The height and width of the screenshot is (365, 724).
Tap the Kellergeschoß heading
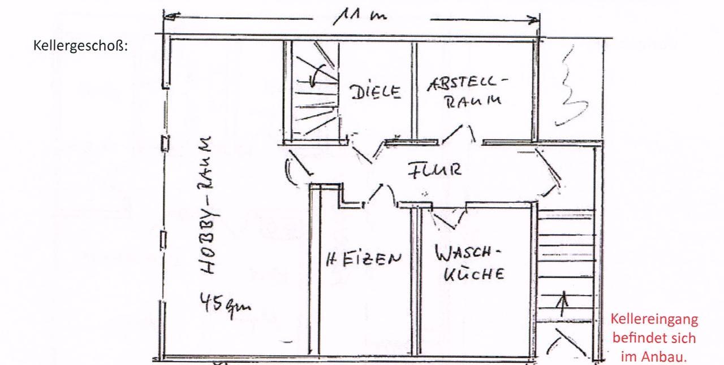tap(80, 46)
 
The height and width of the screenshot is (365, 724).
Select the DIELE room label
tap(375, 92)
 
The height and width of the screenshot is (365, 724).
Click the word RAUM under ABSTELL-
tap(473, 102)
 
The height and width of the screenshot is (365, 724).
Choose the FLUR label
tap(434, 170)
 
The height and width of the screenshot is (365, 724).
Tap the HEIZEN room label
tap(364, 259)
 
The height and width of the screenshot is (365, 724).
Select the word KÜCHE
tap(474, 273)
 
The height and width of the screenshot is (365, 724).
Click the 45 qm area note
tap(225, 305)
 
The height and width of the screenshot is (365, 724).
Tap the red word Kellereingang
tap(654, 319)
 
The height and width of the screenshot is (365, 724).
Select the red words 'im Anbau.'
tap(654, 357)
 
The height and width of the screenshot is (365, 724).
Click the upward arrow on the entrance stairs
tap(563, 303)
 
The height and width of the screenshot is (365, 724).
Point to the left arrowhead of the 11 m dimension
tap(172, 16)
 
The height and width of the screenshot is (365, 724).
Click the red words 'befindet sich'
tap(654, 338)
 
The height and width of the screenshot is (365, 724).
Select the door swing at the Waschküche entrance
tap(448, 218)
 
